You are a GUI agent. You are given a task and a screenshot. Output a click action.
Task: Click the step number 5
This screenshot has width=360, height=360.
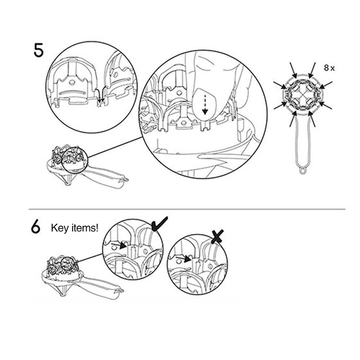point(38,50)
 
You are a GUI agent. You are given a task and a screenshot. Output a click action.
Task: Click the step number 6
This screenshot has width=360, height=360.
point(36,227)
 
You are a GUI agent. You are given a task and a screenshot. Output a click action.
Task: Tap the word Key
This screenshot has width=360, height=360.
point(60,229)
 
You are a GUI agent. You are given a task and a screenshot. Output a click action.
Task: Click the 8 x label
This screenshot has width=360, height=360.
point(329,68)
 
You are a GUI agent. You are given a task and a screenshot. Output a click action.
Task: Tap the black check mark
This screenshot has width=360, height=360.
point(160,223)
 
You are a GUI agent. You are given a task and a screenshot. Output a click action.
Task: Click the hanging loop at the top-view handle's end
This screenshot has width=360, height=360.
point(302,171)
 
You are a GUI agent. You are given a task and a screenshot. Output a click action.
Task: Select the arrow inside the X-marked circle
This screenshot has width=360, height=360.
point(184,259)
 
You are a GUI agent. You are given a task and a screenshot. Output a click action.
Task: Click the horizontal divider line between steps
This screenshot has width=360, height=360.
point(187,209)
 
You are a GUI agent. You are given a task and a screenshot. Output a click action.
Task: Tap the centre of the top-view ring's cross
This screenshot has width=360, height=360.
point(302,95)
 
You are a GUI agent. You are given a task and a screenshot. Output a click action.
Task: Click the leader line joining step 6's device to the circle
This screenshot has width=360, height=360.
point(90,258)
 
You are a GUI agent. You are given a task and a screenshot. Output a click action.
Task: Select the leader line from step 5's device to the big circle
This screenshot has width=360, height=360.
point(115,148)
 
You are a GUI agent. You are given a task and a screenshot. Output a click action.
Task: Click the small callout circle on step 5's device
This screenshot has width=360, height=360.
point(75,161)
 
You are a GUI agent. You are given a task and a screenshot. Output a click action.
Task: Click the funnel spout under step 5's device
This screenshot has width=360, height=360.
point(67,179)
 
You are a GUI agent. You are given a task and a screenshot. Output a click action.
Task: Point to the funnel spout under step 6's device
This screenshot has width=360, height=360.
point(63,290)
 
